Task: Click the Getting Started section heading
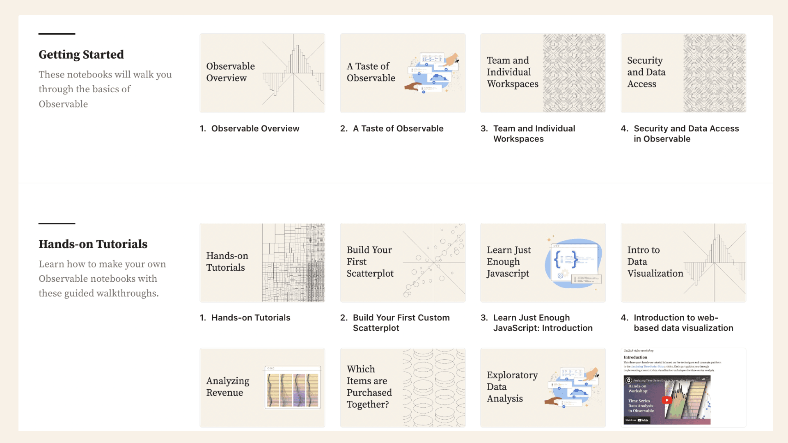coord(81,55)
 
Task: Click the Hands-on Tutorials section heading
coord(93,244)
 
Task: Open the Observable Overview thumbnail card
coord(262,73)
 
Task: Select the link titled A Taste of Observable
coord(398,128)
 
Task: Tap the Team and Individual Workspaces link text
coord(534,133)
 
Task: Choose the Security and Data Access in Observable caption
coord(686,133)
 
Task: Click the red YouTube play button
coord(667,400)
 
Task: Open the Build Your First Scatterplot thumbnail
coord(403,263)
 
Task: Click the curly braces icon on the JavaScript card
coord(566,259)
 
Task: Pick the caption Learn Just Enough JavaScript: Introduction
coord(542,323)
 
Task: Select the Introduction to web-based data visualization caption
coord(683,323)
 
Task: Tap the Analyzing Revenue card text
coord(228,387)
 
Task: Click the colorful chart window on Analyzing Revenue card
coord(293,388)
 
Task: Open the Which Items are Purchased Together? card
coord(403,388)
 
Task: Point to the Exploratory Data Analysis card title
coord(512,387)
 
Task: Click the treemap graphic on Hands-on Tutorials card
coord(293,263)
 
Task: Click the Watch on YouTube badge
coord(637,420)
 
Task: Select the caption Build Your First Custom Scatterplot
coord(401,323)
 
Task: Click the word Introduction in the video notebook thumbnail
coord(635,357)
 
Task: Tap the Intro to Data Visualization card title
coord(655,262)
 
